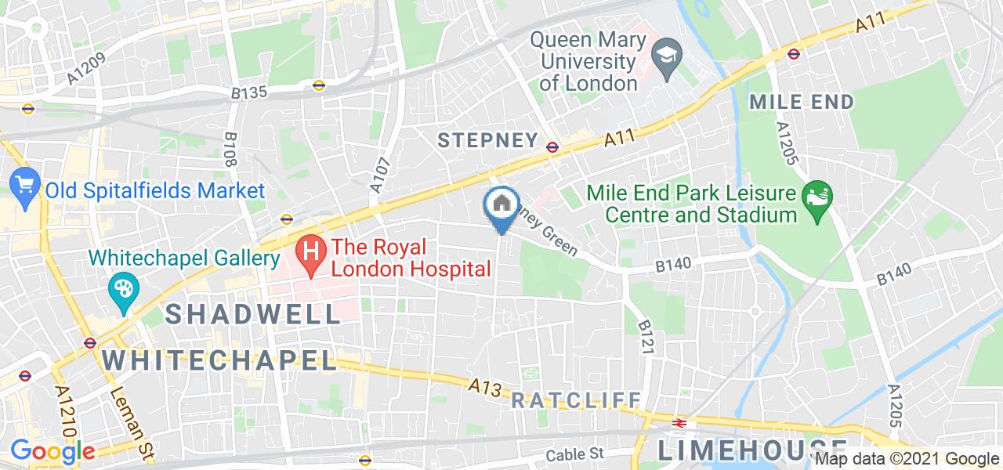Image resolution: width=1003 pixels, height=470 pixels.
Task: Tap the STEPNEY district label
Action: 487,141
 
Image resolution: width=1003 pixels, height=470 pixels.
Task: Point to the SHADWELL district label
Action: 253,313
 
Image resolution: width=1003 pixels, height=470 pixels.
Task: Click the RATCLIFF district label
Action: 576,400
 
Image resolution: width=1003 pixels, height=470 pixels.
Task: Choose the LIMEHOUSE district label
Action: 740,450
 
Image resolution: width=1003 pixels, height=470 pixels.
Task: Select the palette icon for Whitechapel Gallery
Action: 123,290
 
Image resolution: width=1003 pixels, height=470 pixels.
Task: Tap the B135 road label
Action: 249,93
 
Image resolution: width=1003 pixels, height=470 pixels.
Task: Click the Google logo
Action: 53,452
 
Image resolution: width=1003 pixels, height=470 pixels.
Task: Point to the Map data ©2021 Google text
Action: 907,459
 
